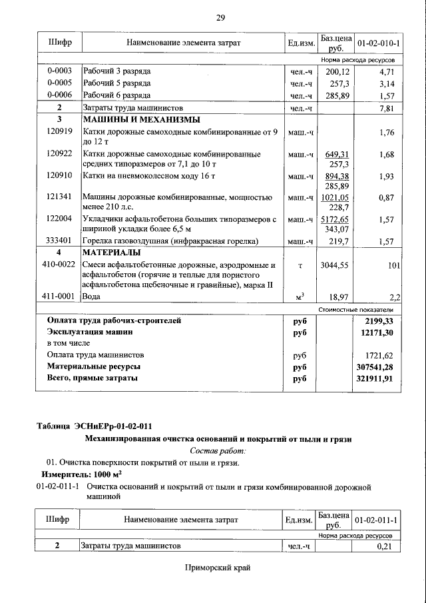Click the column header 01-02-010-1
(x=379, y=43)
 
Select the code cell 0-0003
(x=59, y=71)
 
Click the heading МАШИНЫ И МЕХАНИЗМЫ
(x=131, y=120)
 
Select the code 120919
(x=59, y=133)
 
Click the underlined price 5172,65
(x=335, y=219)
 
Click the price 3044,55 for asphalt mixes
(x=335, y=265)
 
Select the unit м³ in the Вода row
(x=300, y=296)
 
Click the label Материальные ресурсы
(x=93, y=366)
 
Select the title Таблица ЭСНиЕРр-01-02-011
(x=97, y=426)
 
